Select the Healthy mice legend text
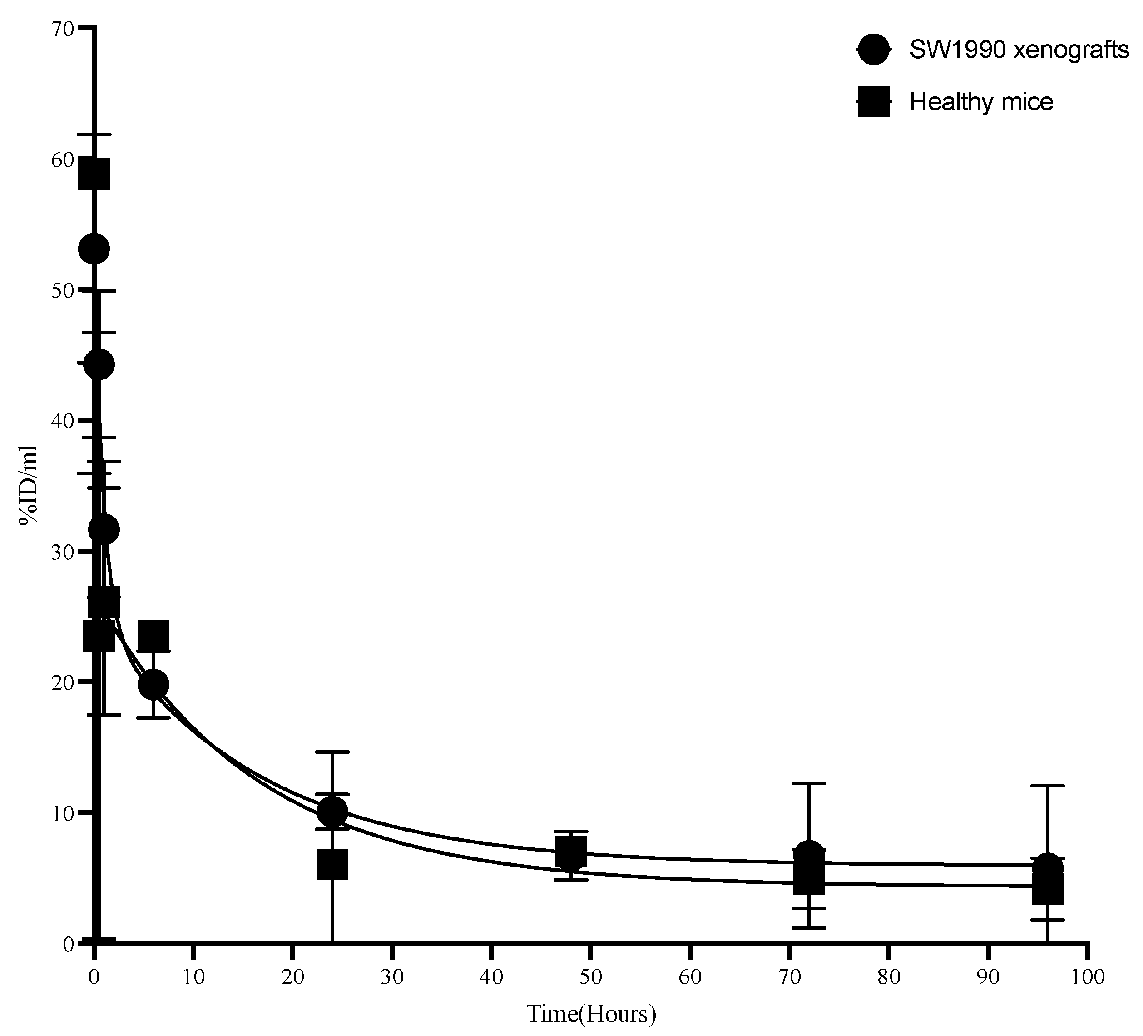tap(981, 102)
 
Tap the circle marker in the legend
tap(874, 50)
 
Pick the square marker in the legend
tap(874, 102)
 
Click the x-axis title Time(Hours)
tap(591, 1013)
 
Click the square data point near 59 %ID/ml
tap(94, 174)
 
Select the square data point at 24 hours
tap(332, 863)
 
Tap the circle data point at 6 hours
tap(153, 685)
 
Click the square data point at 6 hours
tap(153, 635)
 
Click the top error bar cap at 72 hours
tap(809, 783)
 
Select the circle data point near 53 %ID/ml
tap(94, 249)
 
